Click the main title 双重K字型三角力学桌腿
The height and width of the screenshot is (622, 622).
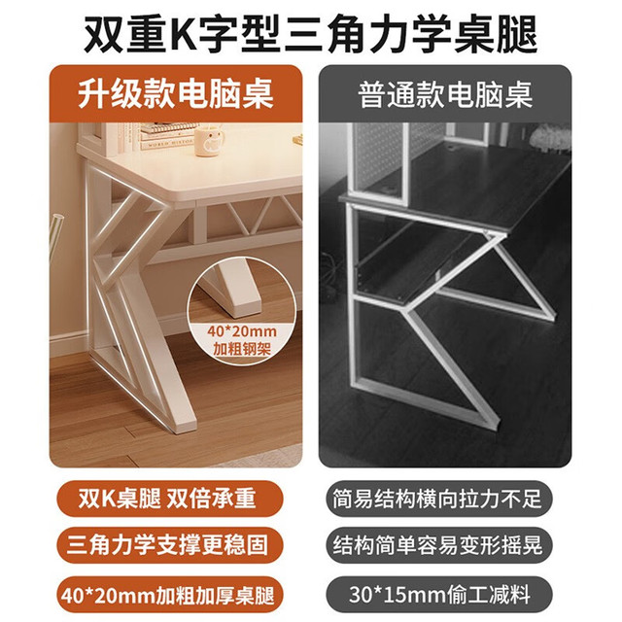[x=311, y=34]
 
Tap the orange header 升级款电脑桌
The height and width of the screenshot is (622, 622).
[x=176, y=94]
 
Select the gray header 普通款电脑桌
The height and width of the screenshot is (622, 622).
[x=445, y=94]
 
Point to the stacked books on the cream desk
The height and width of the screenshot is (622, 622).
[x=166, y=137]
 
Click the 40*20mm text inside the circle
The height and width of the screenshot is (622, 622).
[x=242, y=331]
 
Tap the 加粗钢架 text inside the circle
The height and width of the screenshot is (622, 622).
[x=242, y=349]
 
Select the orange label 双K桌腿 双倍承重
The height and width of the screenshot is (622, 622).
[x=167, y=499]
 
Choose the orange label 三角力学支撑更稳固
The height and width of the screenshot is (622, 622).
[x=167, y=545]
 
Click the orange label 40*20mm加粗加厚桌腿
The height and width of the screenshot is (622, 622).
[x=167, y=595]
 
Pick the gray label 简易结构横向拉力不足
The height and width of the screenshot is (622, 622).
[x=437, y=499]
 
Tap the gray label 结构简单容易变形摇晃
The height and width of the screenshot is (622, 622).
[x=437, y=545]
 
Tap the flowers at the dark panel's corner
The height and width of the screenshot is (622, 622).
[x=550, y=135]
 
